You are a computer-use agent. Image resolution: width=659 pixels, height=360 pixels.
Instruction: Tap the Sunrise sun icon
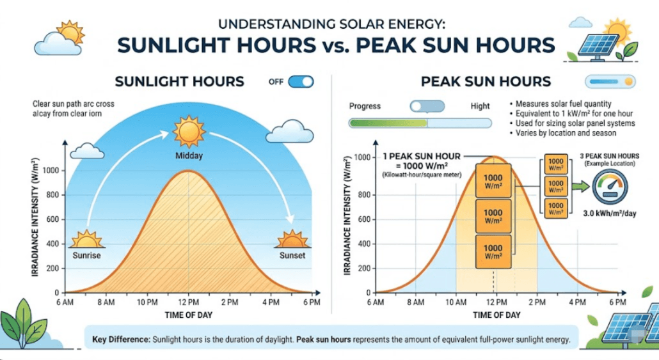coord(85,240)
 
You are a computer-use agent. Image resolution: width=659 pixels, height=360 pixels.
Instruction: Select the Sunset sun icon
coord(292,239)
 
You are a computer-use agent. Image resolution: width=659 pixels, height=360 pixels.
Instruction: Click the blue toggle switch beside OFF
coord(301,81)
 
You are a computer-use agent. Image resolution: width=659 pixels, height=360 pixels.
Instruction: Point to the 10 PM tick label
coord(147,301)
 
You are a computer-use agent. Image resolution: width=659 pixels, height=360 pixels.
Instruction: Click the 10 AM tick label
coord(455,301)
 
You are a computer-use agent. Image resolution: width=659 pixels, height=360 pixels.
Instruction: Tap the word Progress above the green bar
coord(365,106)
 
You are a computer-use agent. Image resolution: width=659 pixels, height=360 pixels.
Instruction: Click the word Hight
coord(480,106)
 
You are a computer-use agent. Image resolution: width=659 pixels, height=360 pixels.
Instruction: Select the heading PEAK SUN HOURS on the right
coord(486,81)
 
